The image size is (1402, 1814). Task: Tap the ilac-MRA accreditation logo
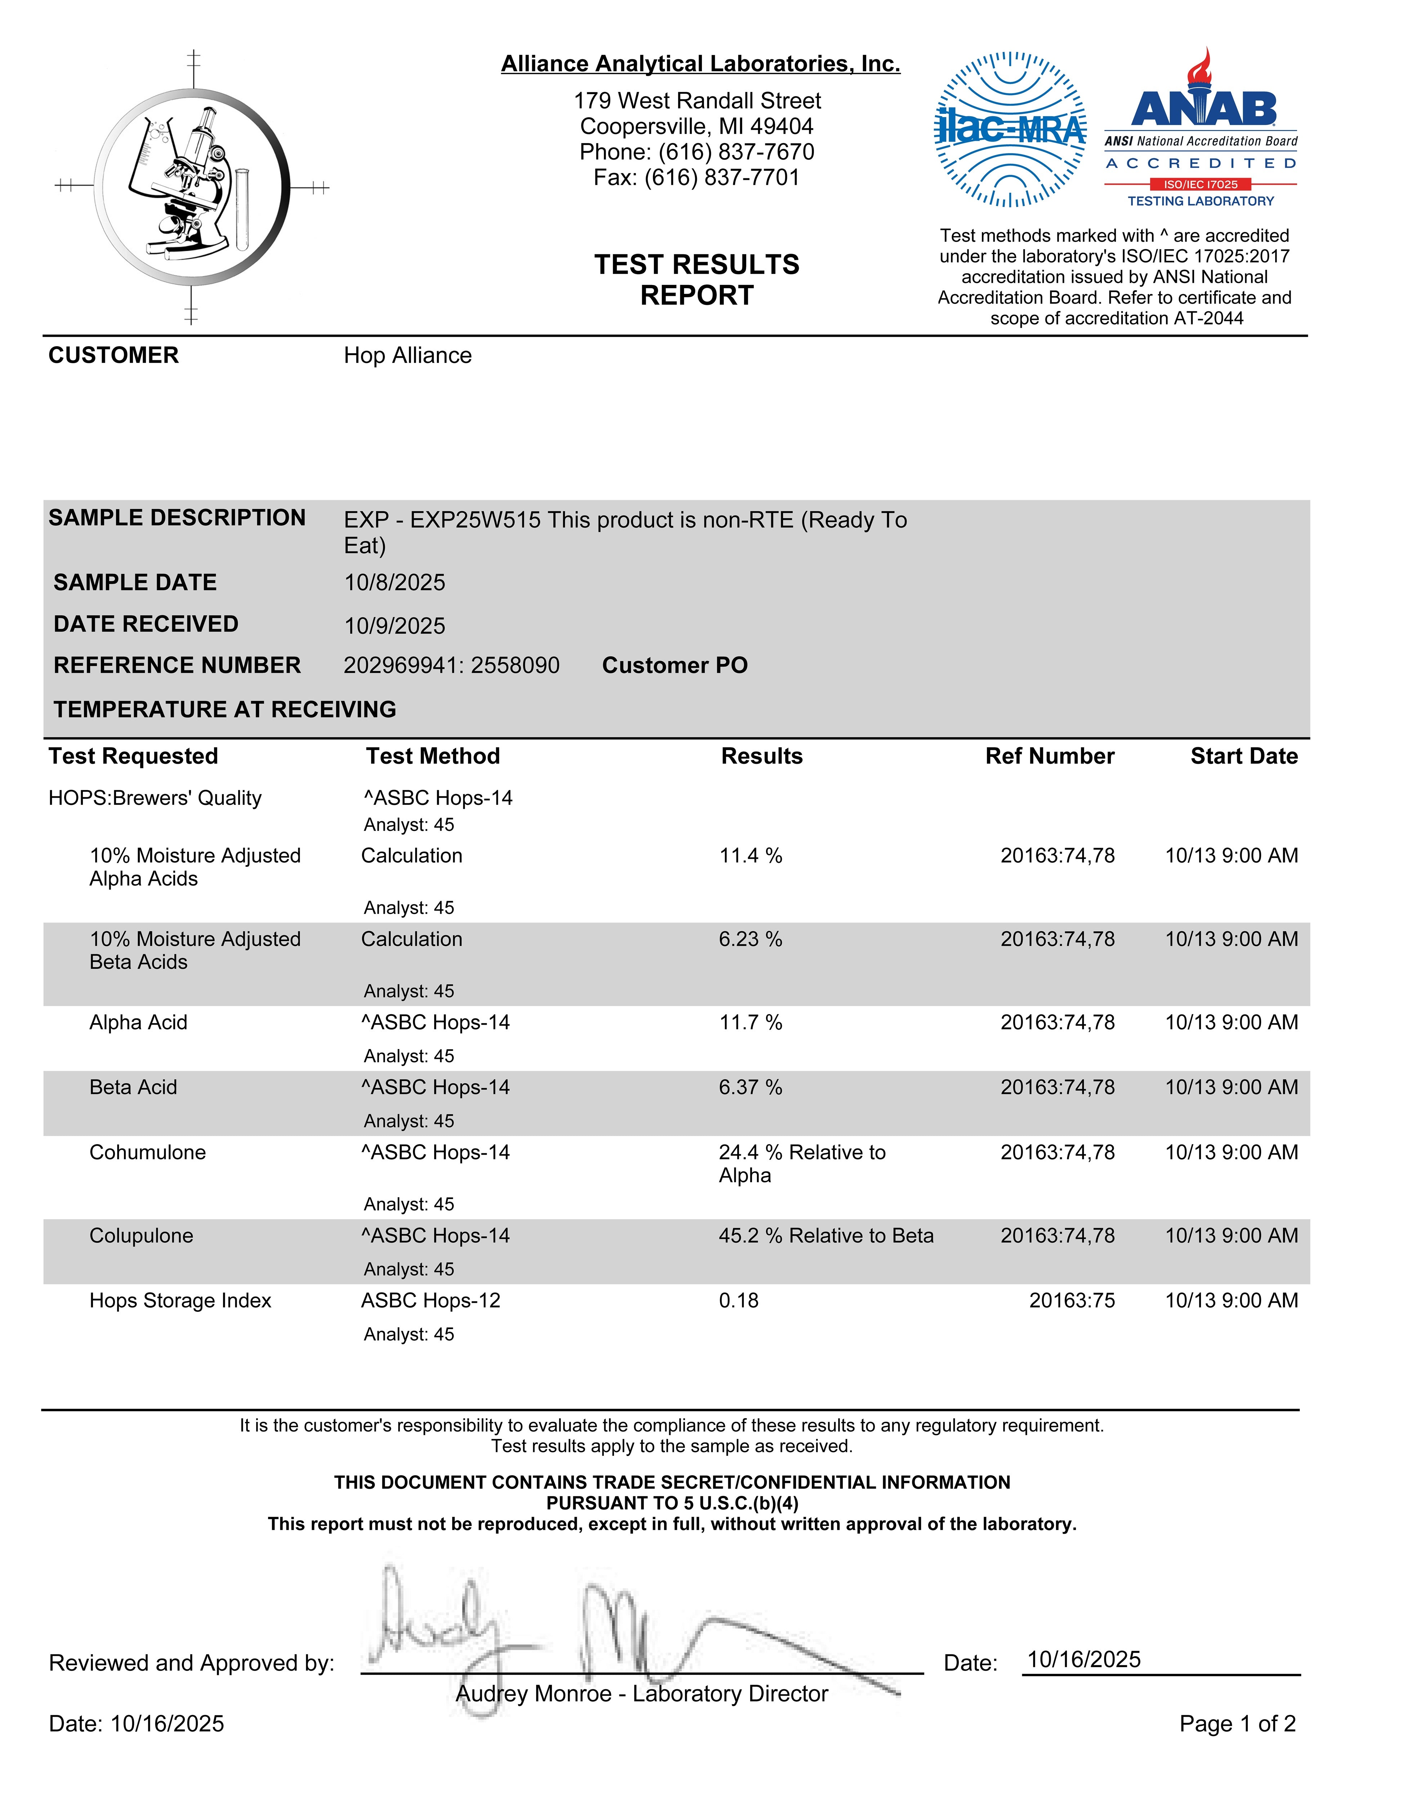point(1010,130)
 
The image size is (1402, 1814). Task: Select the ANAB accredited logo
point(1201,129)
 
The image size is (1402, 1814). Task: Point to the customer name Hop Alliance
point(408,356)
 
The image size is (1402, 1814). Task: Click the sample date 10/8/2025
point(395,582)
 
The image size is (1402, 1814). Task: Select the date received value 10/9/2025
point(395,625)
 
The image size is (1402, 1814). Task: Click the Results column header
point(762,756)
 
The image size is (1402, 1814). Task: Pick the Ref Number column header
point(1050,756)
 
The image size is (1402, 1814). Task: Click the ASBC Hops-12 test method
point(431,1301)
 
